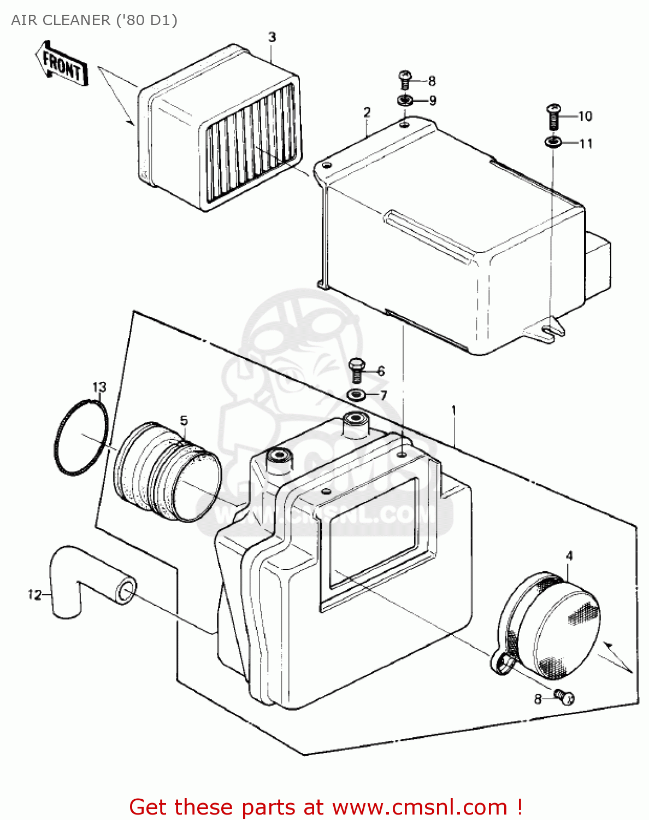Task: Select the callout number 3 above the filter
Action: [x=272, y=37]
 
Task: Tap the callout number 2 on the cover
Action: [x=367, y=113]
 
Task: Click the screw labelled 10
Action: [x=553, y=116]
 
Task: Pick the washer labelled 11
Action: [x=553, y=143]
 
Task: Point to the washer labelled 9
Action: [x=405, y=100]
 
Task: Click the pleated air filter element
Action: [x=219, y=128]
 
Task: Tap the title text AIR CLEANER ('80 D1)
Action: [x=95, y=20]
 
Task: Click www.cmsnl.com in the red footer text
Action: [x=420, y=807]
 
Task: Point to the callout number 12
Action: [x=34, y=594]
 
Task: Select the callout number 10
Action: [x=585, y=116]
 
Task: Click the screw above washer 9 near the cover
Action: [x=405, y=80]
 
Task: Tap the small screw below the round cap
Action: [x=563, y=696]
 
